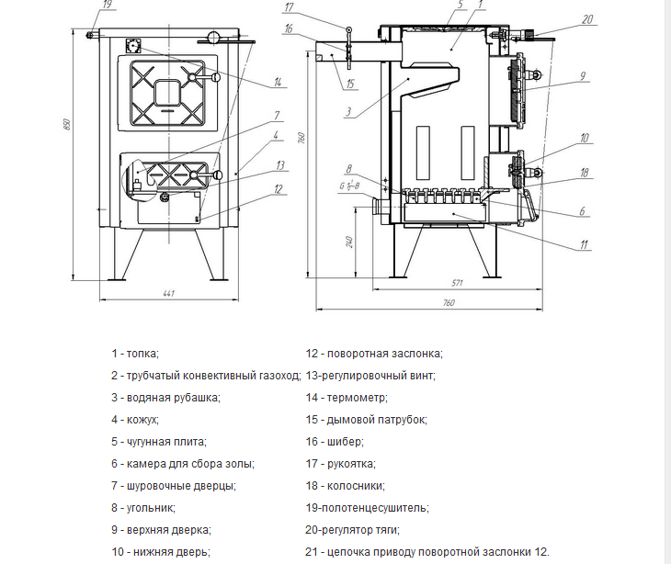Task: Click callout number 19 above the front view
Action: [108, 6]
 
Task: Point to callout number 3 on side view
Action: [347, 113]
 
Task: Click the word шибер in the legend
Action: [345, 441]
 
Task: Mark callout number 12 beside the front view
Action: [278, 190]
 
